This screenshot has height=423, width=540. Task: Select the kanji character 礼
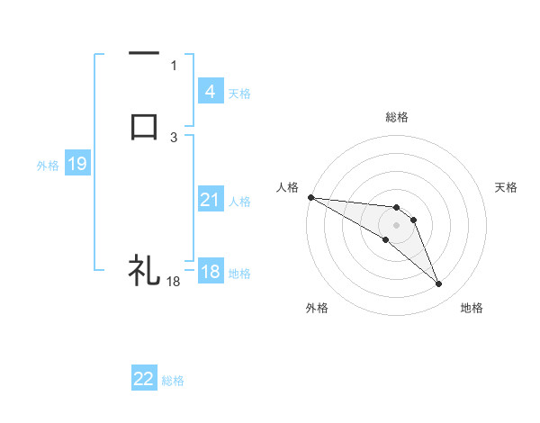click(x=144, y=269)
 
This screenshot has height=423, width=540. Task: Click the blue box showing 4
click(x=210, y=91)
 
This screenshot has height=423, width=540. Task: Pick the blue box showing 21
click(x=210, y=200)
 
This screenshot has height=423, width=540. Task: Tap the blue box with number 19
click(x=76, y=164)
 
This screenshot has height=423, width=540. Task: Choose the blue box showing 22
click(x=144, y=379)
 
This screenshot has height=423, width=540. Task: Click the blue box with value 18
click(x=210, y=272)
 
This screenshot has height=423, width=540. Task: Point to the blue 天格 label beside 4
click(x=239, y=93)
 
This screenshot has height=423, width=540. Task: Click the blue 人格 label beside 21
click(x=239, y=202)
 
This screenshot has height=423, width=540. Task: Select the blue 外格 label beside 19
click(x=48, y=166)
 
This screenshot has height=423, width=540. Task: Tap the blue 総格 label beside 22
click(x=173, y=381)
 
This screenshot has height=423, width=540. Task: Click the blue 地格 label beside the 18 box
click(x=239, y=274)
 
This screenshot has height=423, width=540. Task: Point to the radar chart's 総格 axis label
click(x=397, y=117)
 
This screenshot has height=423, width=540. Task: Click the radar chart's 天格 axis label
click(x=506, y=187)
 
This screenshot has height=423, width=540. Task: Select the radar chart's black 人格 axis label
click(x=287, y=187)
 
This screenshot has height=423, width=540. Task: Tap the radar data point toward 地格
click(x=438, y=284)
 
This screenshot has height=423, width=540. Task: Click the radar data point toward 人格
click(x=310, y=197)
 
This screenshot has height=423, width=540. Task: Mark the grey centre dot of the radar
click(x=396, y=224)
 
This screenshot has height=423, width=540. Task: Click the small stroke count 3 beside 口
click(x=174, y=137)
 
